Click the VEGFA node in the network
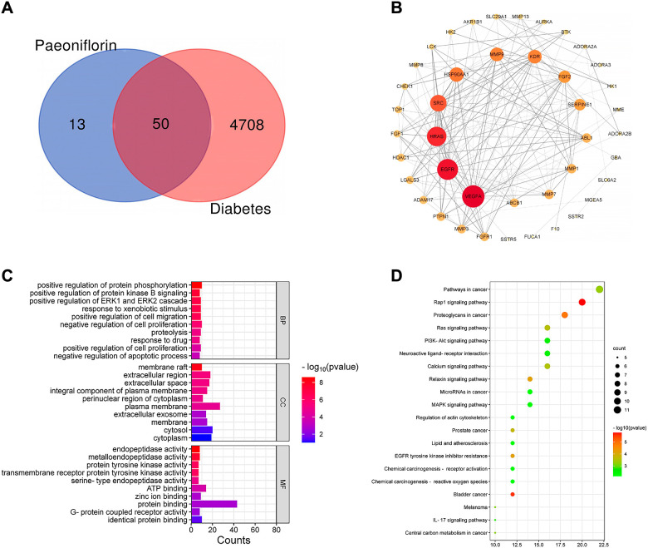point(473,197)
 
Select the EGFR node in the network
point(447,169)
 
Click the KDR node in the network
point(534,57)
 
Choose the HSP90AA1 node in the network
point(456,75)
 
